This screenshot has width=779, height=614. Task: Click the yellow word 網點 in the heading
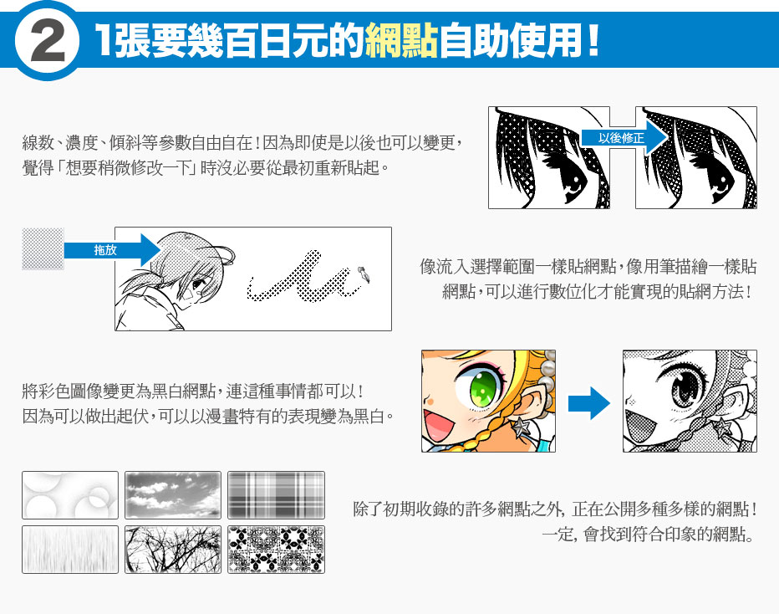[x=401, y=40]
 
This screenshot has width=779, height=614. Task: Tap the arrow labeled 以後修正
[x=624, y=138]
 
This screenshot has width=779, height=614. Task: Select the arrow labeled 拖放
[x=112, y=250]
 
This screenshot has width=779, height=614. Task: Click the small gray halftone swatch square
[x=43, y=248]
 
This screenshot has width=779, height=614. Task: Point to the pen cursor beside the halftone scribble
[x=364, y=274]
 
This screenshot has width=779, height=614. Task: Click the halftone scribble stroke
[x=304, y=278]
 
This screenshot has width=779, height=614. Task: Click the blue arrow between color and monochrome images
[x=588, y=403]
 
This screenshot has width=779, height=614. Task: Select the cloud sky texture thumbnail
[x=173, y=495]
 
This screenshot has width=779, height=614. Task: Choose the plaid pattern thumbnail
[x=276, y=495]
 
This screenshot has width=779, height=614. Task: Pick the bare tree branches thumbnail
[x=173, y=550]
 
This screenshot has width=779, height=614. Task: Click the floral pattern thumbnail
[x=276, y=550]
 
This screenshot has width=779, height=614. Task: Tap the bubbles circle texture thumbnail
[x=70, y=495]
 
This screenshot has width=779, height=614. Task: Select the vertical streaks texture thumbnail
[x=70, y=550]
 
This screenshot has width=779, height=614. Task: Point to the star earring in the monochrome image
[x=722, y=427]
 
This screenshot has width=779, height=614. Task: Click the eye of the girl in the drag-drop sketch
[x=199, y=284]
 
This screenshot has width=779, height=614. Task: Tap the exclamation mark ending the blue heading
[x=593, y=40]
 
